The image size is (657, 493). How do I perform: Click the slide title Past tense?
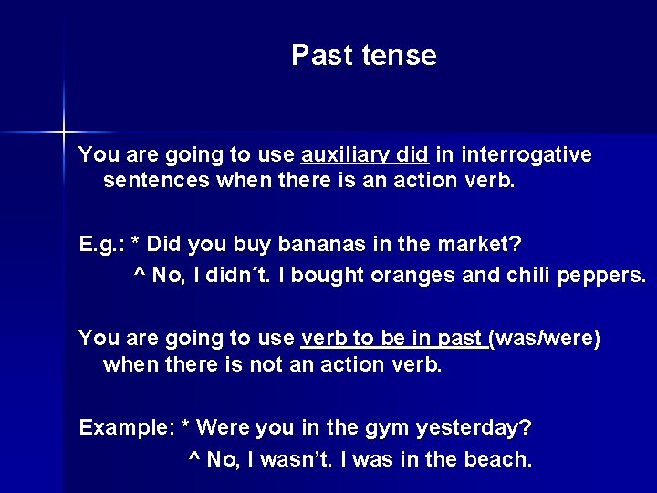364,56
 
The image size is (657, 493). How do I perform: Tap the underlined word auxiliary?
346,155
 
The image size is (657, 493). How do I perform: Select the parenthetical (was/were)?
546,339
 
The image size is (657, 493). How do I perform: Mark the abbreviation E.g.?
101,245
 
